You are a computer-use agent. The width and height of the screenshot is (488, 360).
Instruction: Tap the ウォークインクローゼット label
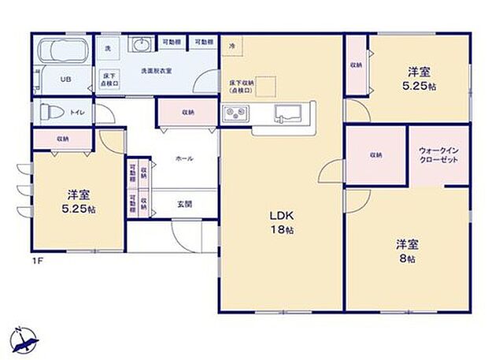[x=438, y=154]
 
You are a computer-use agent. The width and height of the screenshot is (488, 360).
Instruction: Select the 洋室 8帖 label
[x=406, y=251]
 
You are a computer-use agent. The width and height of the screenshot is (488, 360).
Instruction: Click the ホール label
[x=184, y=158]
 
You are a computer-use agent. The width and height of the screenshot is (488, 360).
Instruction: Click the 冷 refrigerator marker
[x=231, y=46]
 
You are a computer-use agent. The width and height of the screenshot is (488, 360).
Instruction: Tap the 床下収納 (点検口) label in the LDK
[x=242, y=86]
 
